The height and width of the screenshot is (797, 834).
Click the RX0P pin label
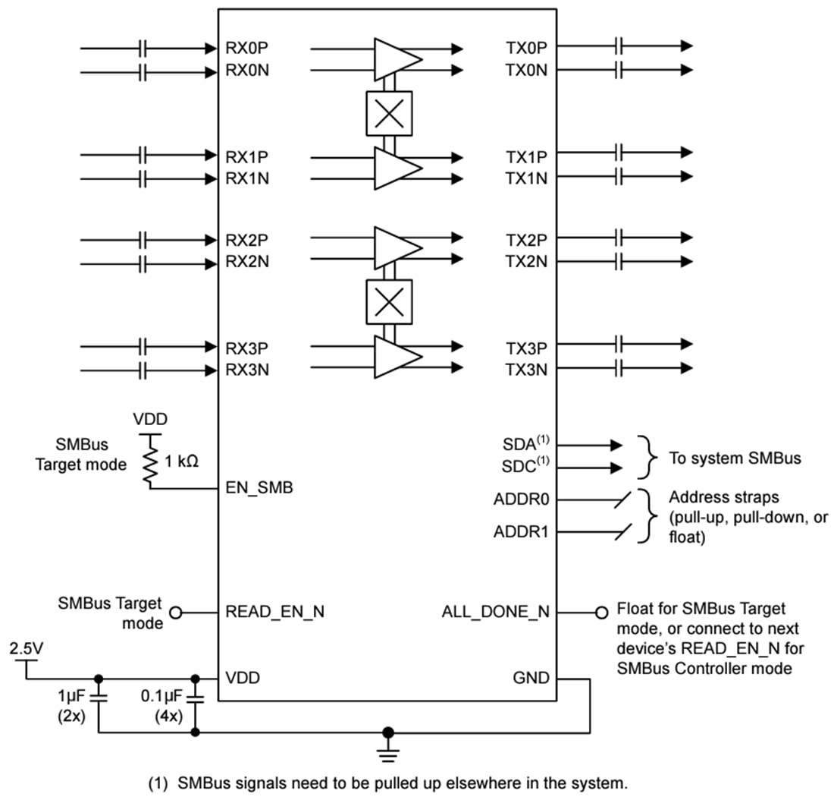point(246,47)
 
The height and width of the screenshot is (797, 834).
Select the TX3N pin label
point(526,370)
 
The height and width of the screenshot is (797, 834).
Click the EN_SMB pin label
point(259,488)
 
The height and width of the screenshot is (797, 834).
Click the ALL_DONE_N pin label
point(496,612)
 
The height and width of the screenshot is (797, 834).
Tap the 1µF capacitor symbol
point(99,697)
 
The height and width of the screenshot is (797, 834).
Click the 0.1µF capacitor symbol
point(196,697)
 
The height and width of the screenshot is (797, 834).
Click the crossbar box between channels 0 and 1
point(389,114)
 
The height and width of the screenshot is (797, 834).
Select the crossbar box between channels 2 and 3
point(389,302)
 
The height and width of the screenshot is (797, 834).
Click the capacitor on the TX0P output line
point(620,46)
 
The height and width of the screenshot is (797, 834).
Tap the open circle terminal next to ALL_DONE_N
point(602,612)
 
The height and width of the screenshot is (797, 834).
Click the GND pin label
point(531,678)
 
